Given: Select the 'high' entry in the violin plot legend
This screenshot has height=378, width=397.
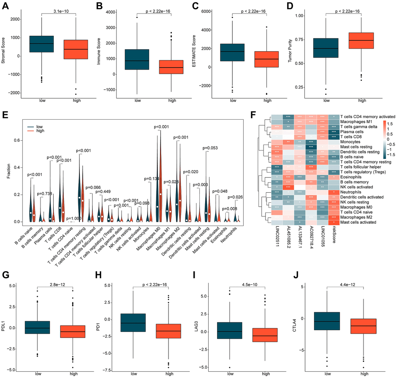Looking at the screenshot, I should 40,131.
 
